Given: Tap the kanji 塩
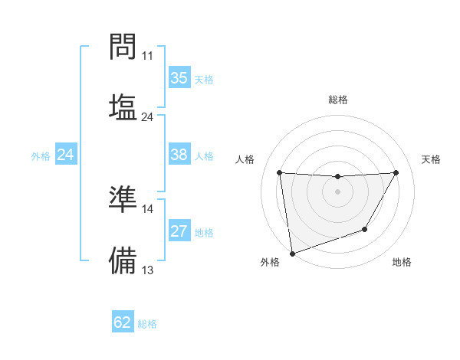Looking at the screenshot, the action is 123,106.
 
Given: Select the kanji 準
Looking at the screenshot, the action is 123,198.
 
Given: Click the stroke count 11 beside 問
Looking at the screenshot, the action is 148,56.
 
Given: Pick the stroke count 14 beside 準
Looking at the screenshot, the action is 148,208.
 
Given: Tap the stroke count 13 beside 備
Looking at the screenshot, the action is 148,270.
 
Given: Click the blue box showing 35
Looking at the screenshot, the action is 179,78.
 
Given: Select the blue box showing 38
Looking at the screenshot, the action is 179,155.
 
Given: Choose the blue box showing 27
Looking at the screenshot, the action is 179,231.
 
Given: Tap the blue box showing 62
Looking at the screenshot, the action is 123,322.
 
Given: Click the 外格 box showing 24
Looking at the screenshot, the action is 65,155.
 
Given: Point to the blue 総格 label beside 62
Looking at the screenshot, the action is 147,323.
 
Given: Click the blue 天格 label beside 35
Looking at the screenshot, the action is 203,79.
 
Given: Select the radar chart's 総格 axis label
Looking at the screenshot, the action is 338,100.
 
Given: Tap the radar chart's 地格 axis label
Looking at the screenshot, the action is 402,263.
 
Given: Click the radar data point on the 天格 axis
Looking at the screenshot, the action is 396,172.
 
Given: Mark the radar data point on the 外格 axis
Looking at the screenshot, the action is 292,253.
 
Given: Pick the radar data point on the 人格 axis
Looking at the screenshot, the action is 279,172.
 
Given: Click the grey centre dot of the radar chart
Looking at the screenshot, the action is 337,191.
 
